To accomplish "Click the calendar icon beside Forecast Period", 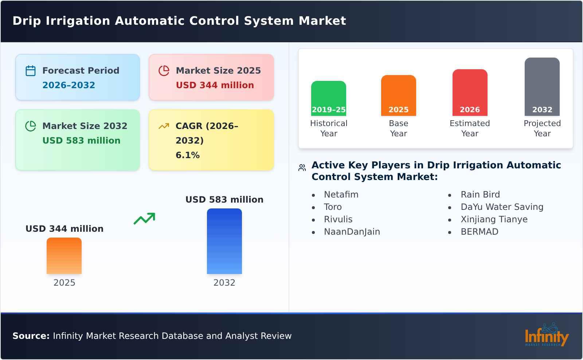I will [x=31, y=71].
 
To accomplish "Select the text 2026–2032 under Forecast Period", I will [x=69, y=85].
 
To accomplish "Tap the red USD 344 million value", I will [x=215, y=85].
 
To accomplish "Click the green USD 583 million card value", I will [x=81, y=141].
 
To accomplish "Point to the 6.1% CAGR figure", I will [x=187, y=155].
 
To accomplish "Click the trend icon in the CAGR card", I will [x=164, y=126].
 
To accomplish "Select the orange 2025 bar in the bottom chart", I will [x=64, y=256].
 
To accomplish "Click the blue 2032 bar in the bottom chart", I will [x=224, y=241].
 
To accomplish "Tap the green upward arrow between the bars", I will [x=144, y=219].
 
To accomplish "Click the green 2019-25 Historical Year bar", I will [x=328, y=98].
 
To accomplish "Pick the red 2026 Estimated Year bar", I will [x=470, y=93].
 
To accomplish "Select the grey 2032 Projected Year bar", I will [x=542, y=87].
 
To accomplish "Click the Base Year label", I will [x=398, y=128].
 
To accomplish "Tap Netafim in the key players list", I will [x=341, y=195].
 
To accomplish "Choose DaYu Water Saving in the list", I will [x=502, y=207].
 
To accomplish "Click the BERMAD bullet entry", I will [x=479, y=232].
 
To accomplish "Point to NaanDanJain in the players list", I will [x=352, y=232].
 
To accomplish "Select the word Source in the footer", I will [x=30, y=336].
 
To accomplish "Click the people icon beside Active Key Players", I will [x=302, y=168].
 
